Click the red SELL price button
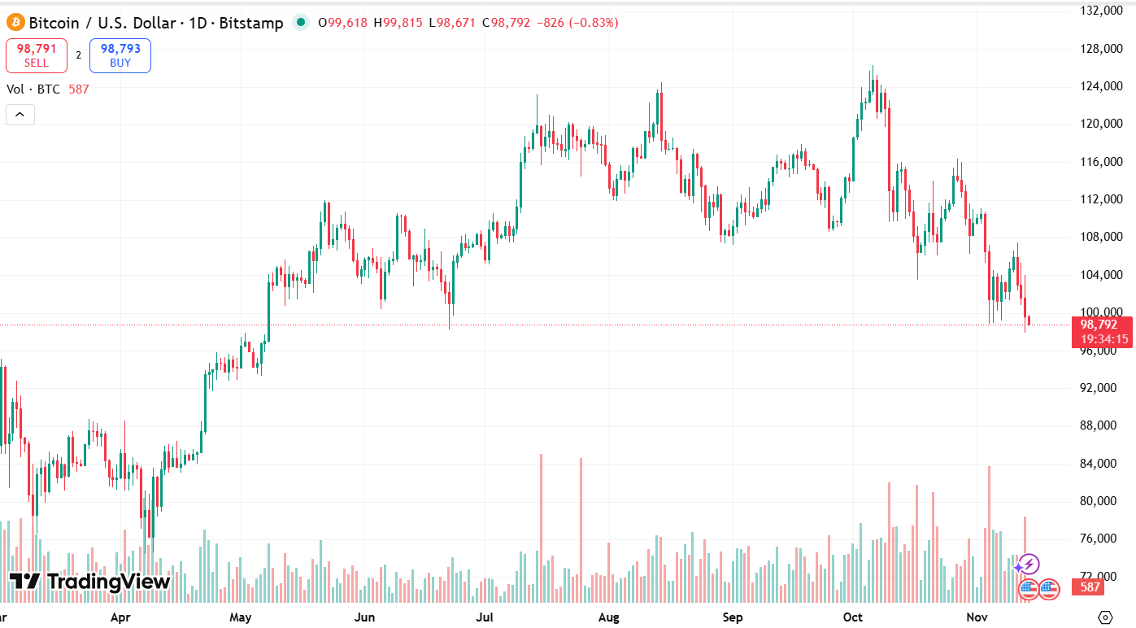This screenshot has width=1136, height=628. tap(37, 55)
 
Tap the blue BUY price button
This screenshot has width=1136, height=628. tap(120, 55)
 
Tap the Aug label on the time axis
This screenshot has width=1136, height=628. tap(608, 617)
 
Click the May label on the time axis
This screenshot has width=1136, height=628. tap(240, 617)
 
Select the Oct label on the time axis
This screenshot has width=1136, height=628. tap(852, 617)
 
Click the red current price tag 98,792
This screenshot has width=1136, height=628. tap(1099, 325)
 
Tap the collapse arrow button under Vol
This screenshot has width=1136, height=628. tap(20, 115)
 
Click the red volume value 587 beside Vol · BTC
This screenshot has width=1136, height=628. tap(79, 89)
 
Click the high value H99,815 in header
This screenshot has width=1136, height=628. tap(398, 23)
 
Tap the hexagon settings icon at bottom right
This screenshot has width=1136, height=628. tap(1104, 617)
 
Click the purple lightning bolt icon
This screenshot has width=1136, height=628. tap(1029, 564)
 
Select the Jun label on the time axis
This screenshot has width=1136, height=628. tap(365, 617)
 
